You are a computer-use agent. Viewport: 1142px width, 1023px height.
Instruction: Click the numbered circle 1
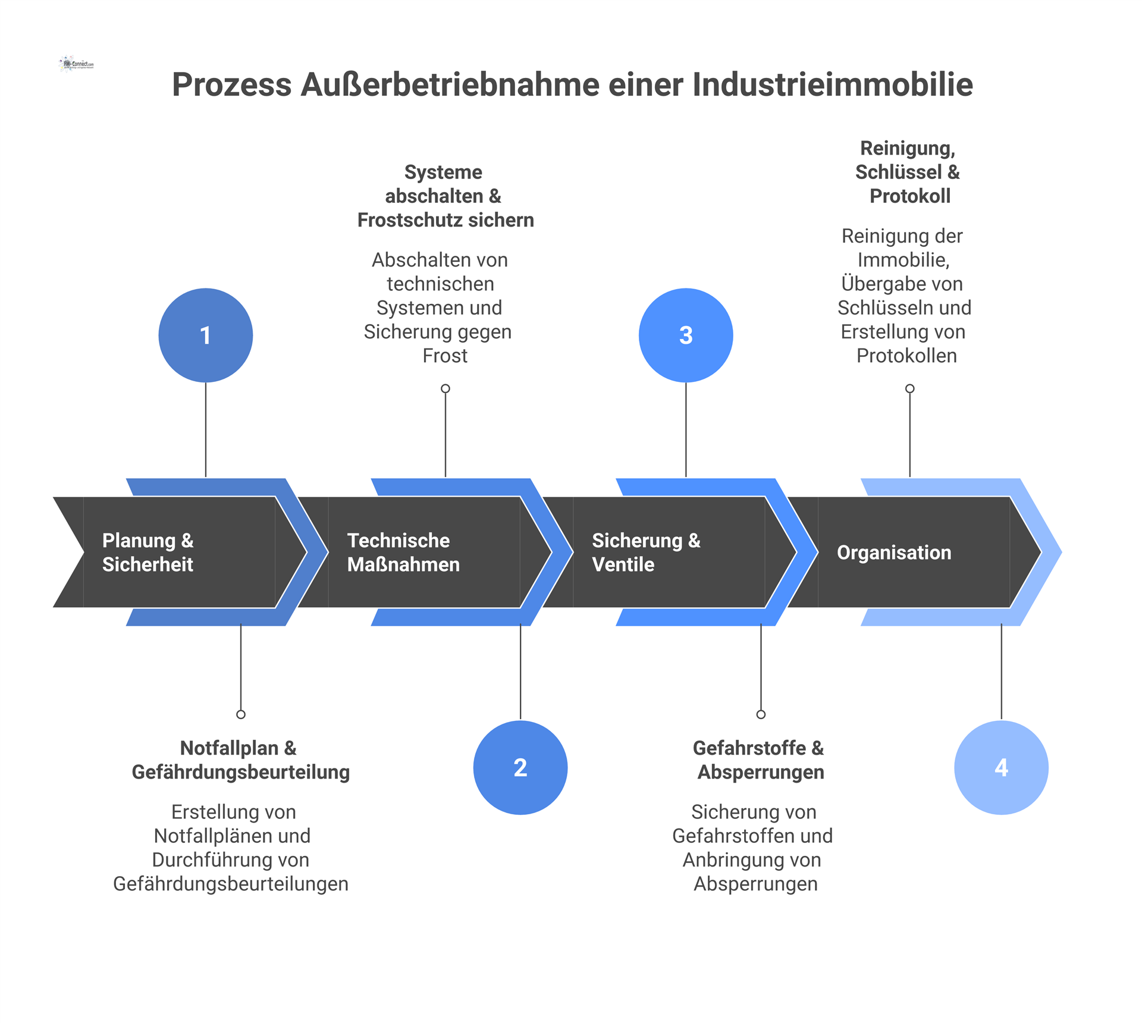pyautogui.click(x=205, y=335)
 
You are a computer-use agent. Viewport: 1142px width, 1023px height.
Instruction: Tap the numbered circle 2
pyautogui.click(x=520, y=767)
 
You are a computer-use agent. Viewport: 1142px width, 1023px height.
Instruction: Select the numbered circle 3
pyautogui.click(x=686, y=335)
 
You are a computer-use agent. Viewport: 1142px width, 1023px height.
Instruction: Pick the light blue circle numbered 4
pyautogui.click(x=1001, y=767)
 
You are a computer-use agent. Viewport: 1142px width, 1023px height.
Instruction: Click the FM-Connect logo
pyautogui.click(x=77, y=64)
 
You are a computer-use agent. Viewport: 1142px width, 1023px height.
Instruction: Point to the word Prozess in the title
pyautogui.click(x=231, y=84)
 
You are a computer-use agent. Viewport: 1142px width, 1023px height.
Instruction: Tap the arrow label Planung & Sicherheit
pyautogui.click(x=148, y=552)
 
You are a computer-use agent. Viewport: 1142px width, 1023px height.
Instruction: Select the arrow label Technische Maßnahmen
pyautogui.click(x=403, y=552)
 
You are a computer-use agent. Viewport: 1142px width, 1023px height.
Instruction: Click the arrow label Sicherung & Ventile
pyautogui.click(x=646, y=552)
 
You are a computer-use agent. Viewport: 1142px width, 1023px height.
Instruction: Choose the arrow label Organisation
pyautogui.click(x=894, y=553)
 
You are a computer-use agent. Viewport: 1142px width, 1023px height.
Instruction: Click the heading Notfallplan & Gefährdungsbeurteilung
pyautogui.click(x=240, y=760)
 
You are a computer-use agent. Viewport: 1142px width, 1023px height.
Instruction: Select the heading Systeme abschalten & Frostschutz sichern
pyautogui.click(x=445, y=196)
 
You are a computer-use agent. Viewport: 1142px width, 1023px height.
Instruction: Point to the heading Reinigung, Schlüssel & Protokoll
pyautogui.click(x=908, y=172)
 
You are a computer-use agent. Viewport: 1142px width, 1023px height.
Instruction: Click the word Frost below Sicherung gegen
pyautogui.click(x=445, y=356)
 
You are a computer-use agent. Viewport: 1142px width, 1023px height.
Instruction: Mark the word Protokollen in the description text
pyautogui.click(x=906, y=356)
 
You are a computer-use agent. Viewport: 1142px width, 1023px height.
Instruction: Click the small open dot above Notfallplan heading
pyautogui.click(x=241, y=714)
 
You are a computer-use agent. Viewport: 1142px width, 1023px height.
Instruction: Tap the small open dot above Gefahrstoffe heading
pyautogui.click(x=761, y=714)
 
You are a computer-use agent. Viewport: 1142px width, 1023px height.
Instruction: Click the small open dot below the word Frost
pyautogui.click(x=445, y=389)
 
